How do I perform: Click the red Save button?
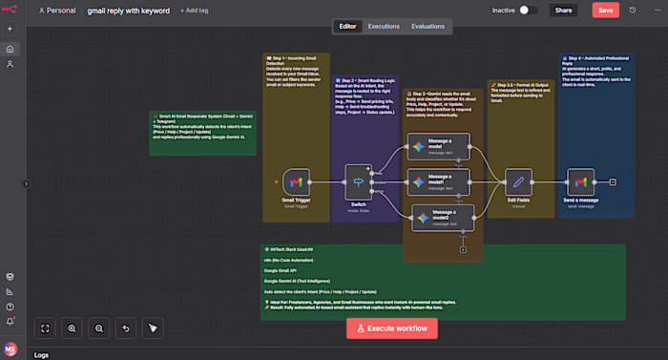[605, 11]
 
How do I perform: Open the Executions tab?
[384, 26]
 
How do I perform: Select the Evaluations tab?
[428, 26]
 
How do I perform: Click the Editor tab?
[347, 26]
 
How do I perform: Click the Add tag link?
[195, 11]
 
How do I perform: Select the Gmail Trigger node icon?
[297, 181]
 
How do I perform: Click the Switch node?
[358, 181]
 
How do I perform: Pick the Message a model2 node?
[428, 217]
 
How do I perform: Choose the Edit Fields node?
[517, 181]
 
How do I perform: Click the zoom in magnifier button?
[72, 328]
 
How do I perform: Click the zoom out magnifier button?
[98, 328]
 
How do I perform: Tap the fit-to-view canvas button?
[45, 328]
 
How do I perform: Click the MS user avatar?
[10, 349]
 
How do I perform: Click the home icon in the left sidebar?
[10, 49]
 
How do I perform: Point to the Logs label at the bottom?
[41, 354]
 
